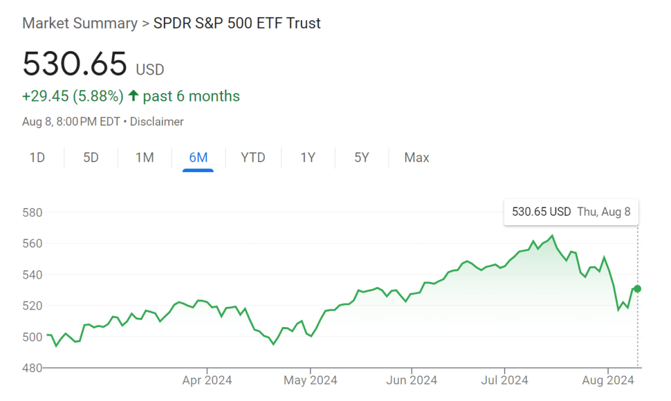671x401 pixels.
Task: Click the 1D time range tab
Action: pyautogui.click(x=37, y=158)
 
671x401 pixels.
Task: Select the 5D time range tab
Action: pyautogui.click(x=91, y=158)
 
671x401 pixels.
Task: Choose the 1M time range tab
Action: pyautogui.click(x=144, y=158)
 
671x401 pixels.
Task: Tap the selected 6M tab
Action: pyautogui.click(x=198, y=158)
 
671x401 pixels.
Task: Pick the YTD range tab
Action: pyautogui.click(x=253, y=158)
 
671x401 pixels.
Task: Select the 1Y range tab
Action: pyautogui.click(x=308, y=158)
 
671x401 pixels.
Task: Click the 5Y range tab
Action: pyautogui.click(x=362, y=158)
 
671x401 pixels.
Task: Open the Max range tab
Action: pyautogui.click(x=417, y=158)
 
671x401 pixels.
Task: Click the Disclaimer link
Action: pyautogui.click(x=157, y=122)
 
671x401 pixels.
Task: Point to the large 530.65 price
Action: pyautogui.click(x=75, y=64)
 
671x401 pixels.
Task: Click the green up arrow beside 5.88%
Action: pyautogui.click(x=133, y=96)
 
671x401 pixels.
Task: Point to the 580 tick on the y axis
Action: pyautogui.click(x=32, y=213)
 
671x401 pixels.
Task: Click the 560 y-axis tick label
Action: pyautogui.click(x=32, y=243)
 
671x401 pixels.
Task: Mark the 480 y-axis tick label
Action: pyautogui.click(x=32, y=368)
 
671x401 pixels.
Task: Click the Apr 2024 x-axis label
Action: pyautogui.click(x=207, y=380)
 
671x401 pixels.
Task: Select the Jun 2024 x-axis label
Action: pyautogui.click(x=411, y=380)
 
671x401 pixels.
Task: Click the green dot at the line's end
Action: pyautogui.click(x=638, y=288)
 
